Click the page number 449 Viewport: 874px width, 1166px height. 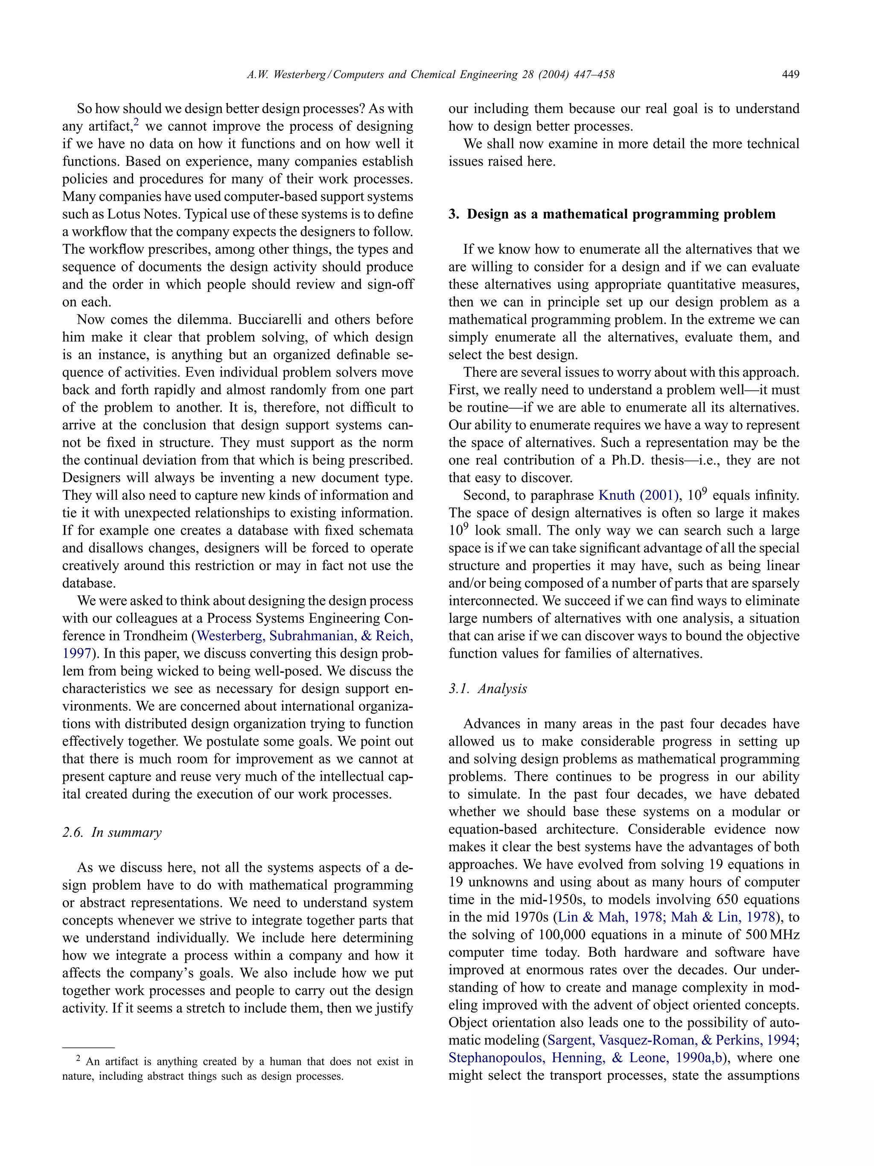pos(790,74)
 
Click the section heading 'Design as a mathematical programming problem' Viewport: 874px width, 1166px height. pos(621,214)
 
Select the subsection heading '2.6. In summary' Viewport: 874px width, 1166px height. pos(112,832)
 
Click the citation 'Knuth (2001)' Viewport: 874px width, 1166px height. pos(638,495)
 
